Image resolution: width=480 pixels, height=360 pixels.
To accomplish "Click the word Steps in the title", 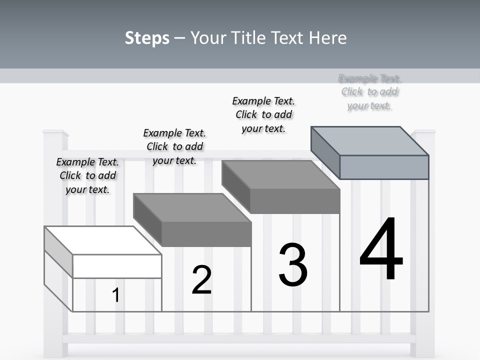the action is (147, 38).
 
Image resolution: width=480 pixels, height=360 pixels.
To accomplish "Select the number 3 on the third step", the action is (293, 265).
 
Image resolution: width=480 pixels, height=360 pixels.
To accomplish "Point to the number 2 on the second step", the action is (201, 280).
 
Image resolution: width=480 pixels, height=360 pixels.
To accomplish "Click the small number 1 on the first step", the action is (116, 295).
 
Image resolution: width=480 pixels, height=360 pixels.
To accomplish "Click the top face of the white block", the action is (102, 240).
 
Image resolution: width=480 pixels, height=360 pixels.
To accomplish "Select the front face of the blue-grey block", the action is (384, 167).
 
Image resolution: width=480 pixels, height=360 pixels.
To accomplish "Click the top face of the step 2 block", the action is (192, 207).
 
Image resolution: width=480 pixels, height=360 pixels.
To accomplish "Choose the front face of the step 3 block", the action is (295, 201).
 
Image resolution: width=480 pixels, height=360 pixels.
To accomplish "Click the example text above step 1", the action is (87, 175).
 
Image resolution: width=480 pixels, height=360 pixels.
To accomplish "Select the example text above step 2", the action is (174, 146).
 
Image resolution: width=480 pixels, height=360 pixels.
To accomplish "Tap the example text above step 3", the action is (263, 114).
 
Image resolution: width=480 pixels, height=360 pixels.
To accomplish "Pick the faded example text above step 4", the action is (369, 92).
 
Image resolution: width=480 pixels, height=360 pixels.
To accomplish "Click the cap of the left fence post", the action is (55, 132).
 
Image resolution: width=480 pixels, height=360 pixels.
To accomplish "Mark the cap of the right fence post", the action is (423, 132).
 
